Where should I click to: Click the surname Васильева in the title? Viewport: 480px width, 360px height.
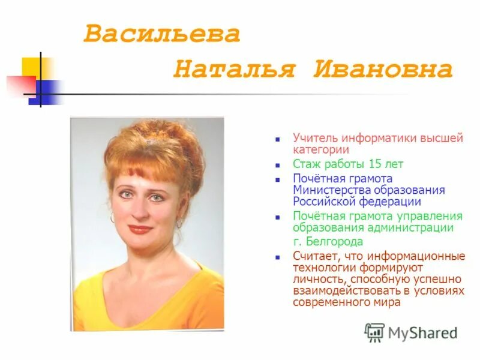coord(161,34)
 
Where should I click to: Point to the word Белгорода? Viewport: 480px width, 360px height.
coord(334,242)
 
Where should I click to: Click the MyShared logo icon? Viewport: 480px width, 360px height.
coord(374,332)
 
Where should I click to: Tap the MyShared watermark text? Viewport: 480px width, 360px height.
coord(422,332)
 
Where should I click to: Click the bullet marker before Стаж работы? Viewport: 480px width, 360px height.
coord(278,164)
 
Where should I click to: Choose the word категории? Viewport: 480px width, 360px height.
coord(321,150)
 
